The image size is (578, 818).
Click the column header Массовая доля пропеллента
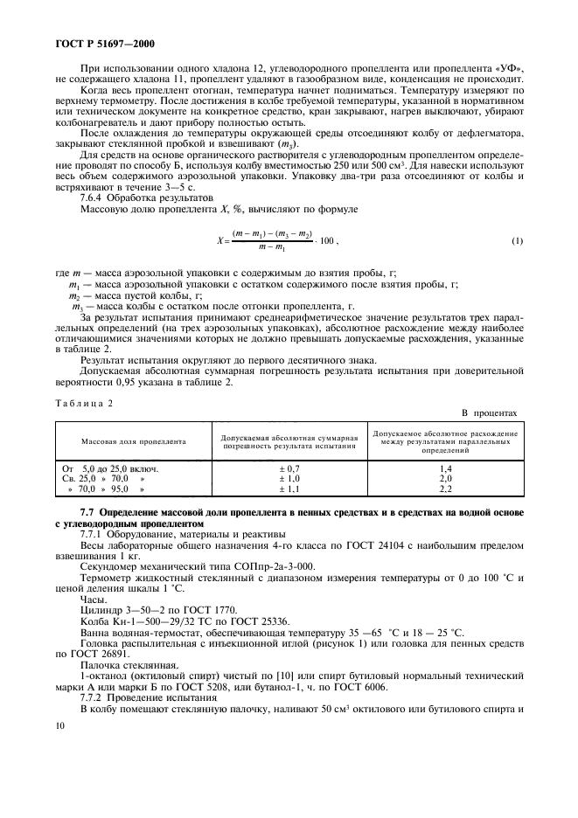(x=134, y=441)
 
